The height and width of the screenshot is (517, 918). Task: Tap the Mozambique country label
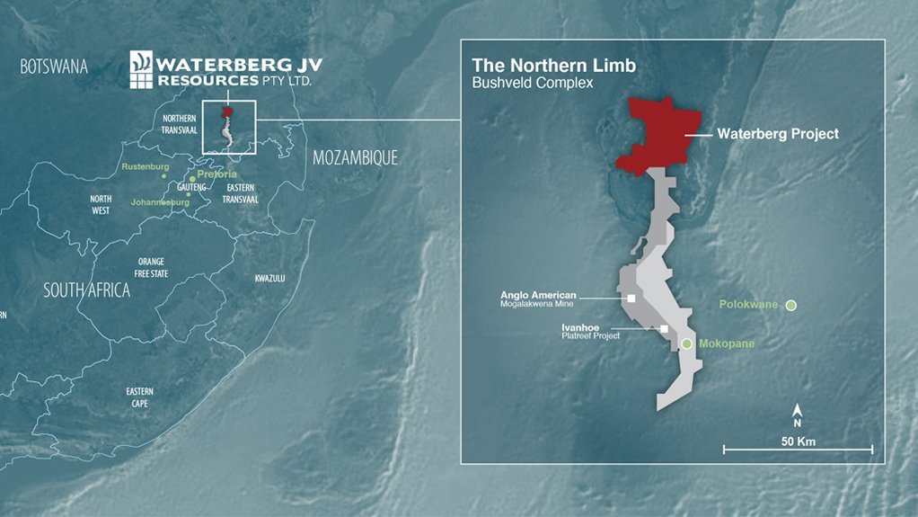355,158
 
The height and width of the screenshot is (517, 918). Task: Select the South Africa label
88,290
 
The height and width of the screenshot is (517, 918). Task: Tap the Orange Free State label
151,267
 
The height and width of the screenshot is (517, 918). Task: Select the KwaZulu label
269,279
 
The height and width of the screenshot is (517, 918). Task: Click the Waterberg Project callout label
777,134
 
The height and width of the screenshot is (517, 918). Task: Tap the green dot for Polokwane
790,306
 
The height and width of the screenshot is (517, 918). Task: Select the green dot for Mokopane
686,344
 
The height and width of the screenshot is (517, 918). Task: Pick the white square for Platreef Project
664,329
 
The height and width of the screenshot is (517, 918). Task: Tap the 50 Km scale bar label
798,441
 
